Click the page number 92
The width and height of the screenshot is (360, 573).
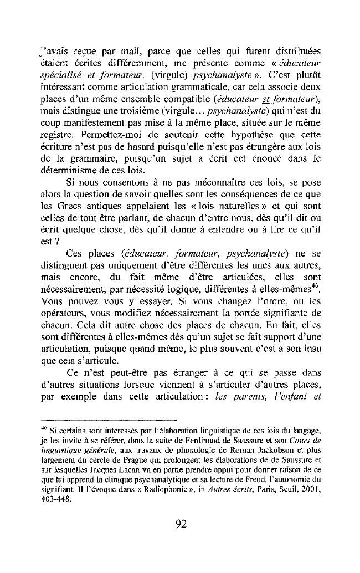click(180, 524)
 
